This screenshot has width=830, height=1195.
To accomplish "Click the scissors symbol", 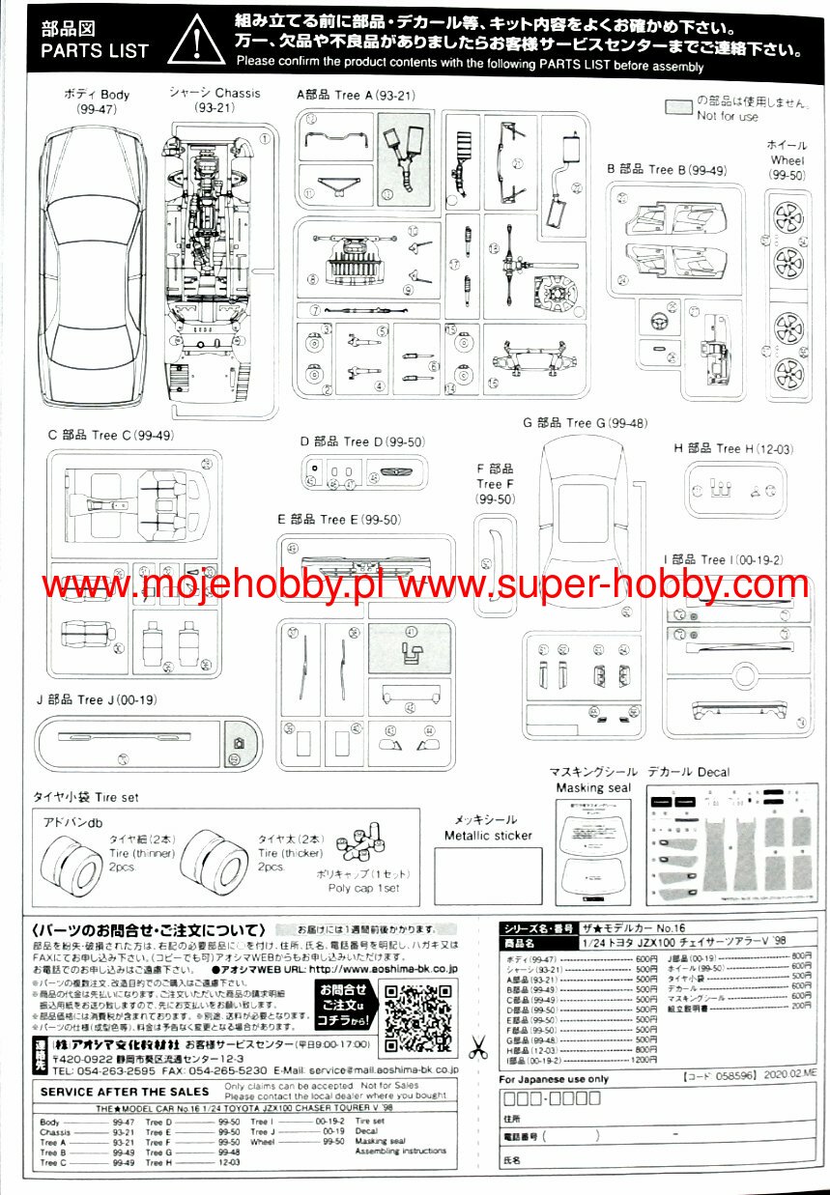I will pyautogui.click(x=478, y=1046).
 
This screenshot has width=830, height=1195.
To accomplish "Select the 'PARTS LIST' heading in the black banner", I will pyautogui.click(x=96, y=50).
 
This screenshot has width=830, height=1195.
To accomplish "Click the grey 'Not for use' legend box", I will pyautogui.click(x=679, y=107).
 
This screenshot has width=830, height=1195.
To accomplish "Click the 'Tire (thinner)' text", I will pyautogui.click(x=135, y=854).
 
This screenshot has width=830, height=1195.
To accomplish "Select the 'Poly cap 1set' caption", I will pyautogui.click(x=363, y=887).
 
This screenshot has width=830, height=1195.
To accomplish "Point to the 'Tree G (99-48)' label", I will pyautogui.click(x=585, y=422).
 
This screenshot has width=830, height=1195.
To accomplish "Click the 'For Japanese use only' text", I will pyautogui.click(x=554, y=1079).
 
